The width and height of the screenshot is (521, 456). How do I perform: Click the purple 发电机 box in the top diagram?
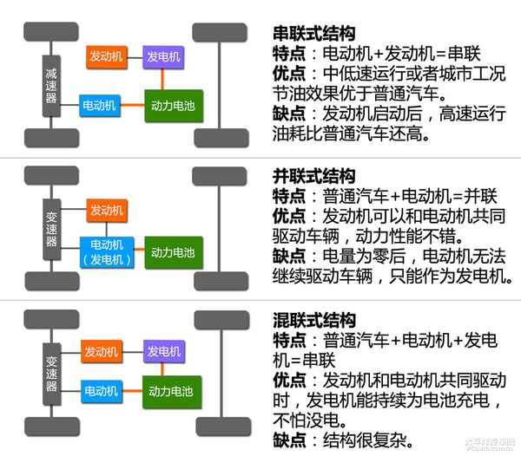[x=163, y=57]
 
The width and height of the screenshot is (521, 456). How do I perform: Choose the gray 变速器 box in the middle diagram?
[x=51, y=227]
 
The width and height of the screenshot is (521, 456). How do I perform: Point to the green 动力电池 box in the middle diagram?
[x=172, y=252]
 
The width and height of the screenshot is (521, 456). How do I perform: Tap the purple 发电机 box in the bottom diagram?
[x=163, y=351]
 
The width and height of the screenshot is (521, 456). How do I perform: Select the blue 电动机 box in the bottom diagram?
[x=101, y=391]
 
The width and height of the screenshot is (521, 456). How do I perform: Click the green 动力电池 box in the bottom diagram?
[x=172, y=391]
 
